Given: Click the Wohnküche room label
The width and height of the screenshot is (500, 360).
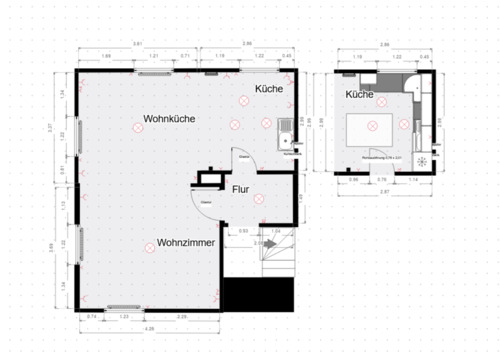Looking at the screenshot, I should click(169, 118).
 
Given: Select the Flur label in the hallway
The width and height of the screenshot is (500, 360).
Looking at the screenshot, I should click(241, 189).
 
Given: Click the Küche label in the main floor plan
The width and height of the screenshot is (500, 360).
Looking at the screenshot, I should click(268, 90).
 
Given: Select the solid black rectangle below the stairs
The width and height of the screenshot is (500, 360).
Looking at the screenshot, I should click(259, 294).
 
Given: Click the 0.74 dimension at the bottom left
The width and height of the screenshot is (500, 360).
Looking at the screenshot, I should click(91, 316).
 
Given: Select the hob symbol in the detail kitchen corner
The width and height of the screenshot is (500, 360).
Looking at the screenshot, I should click(421, 160).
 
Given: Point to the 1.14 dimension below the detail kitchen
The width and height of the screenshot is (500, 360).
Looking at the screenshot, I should click(412, 180).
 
